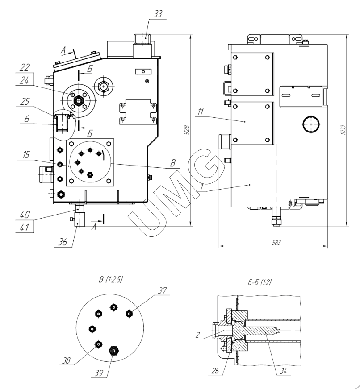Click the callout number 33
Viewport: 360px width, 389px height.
coord(158,14)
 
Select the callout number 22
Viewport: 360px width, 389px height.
coord(25,67)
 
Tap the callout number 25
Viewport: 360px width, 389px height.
coord(25,101)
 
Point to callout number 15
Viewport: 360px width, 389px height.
coord(26,155)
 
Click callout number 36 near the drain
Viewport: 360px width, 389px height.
coord(63,242)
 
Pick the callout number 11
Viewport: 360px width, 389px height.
coord(201,112)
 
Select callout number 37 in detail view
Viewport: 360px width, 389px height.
coord(162,290)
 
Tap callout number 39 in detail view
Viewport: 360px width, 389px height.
coord(99,373)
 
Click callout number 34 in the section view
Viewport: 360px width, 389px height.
coord(283,371)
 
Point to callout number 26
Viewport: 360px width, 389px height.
coord(215,371)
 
